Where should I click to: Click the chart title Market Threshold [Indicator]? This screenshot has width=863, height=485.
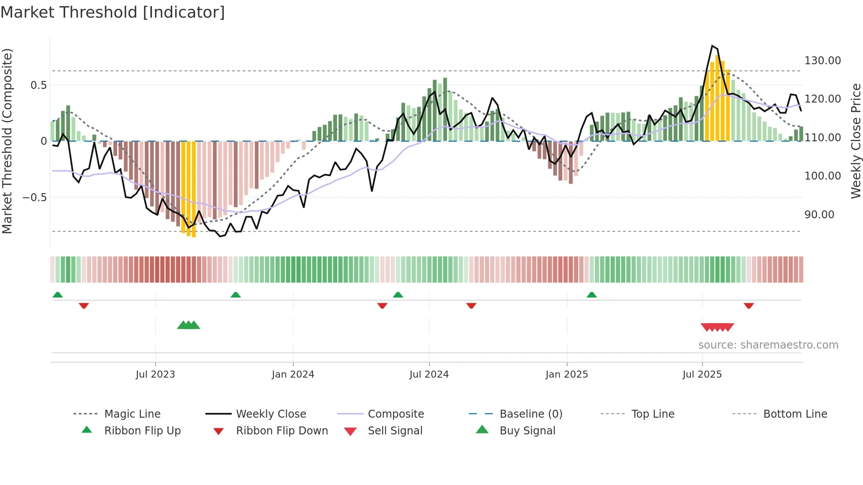[x=113, y=12]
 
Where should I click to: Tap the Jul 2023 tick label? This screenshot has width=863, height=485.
[x=155, y=375]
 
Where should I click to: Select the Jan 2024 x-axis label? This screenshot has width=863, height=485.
[x=293, y=375]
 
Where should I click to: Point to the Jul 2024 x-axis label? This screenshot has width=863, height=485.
[x=429, y=375]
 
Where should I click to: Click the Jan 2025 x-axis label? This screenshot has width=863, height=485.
[x=567, y=375]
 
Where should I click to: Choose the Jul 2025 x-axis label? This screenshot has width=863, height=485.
[x=702, y=375]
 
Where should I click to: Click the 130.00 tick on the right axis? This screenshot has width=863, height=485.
[x=822, y=61]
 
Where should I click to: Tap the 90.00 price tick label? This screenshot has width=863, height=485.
[x=819, y=215]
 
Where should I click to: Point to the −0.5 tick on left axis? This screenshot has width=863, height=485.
[x=34, y=198]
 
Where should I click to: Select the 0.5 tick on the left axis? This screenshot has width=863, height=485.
[x=38, y=85]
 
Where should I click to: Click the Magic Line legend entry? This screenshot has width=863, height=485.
[x=132, y=414]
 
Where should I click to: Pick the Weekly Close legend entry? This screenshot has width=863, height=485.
[x=271, y=414]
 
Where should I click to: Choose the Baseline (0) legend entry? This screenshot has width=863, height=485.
[x=531, y=414]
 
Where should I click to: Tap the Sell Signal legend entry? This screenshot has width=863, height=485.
[x=395, y=431]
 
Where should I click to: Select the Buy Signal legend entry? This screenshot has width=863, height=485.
[x=527, y=431]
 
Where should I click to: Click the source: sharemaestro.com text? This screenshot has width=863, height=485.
[x=768, y=345]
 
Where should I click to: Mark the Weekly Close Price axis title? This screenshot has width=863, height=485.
[x=856, y=141]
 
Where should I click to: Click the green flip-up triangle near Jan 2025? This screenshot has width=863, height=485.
[x=591, y=295]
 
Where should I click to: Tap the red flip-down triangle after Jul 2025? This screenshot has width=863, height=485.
[x=749, y=305]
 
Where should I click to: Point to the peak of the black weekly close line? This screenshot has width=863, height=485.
[x=712, y=46]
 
